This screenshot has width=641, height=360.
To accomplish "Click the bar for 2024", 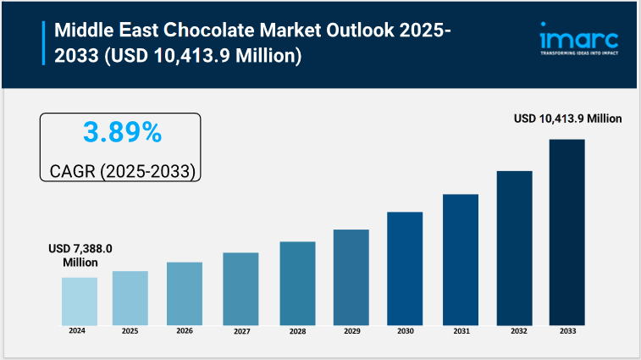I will [x=79, y=301].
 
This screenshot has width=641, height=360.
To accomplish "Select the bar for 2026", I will [x=184, y=293].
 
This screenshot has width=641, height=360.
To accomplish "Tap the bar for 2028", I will [x=297, y=283].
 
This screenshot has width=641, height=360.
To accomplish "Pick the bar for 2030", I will [x=405, y=268].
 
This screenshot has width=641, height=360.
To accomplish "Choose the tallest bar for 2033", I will [x=566, y=231].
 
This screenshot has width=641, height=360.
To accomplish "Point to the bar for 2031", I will [x=461, y=259].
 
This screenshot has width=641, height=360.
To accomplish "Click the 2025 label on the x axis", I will [x=130, y=331].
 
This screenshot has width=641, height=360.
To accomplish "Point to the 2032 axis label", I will [x=514, y=331].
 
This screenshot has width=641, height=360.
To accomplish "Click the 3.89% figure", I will [x=122, y=132].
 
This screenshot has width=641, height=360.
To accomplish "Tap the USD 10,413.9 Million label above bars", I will [x=568, y=119].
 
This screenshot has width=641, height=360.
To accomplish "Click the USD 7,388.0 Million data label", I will [x=80, y=255].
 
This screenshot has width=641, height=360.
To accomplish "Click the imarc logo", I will [x=579, y=39].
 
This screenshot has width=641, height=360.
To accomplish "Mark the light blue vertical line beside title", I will [x=43, y=44].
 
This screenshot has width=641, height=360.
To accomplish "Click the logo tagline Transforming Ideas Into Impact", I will [x=579, y=53].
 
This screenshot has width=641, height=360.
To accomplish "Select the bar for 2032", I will [x=514, y=247].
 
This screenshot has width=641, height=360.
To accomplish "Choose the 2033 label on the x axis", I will [x=566, y=331].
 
